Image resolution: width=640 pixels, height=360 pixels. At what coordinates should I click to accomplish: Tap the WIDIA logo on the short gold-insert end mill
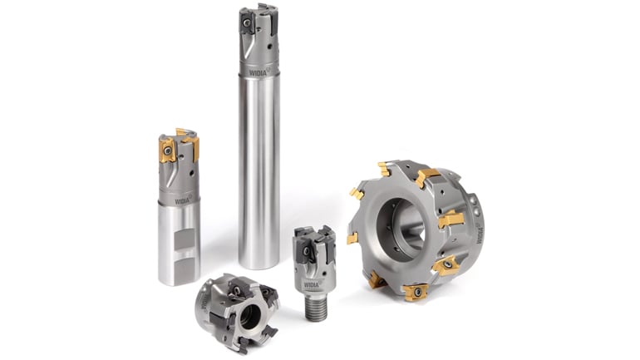tap(183, 200)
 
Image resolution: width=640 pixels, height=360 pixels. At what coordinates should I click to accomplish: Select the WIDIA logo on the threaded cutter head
tap(312, 284)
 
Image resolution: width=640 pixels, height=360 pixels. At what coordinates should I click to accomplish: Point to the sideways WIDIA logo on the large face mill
tap(479, 235)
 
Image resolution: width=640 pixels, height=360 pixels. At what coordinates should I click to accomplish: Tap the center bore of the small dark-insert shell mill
tap(249, 317)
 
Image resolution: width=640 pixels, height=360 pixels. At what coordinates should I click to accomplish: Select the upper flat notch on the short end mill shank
tap(185, 239)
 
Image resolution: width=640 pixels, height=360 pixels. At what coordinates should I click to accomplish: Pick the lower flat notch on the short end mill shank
tap(184, 270)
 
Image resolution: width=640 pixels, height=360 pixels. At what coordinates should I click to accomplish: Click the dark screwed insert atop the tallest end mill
tap(248, 22)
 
